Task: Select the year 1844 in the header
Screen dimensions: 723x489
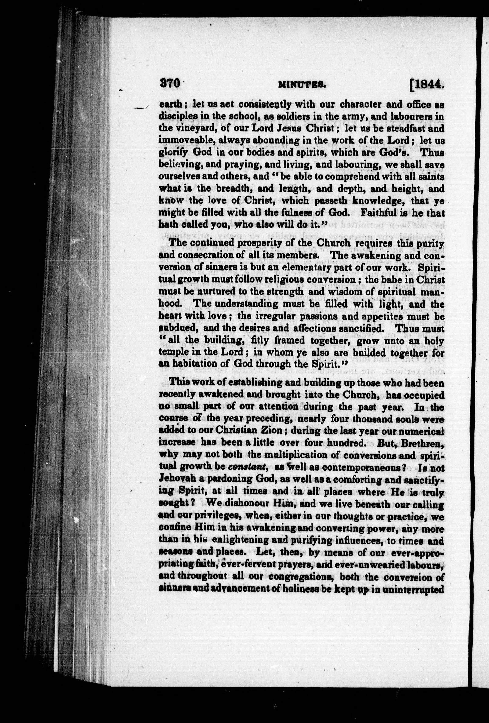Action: [x=427, y=84]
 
